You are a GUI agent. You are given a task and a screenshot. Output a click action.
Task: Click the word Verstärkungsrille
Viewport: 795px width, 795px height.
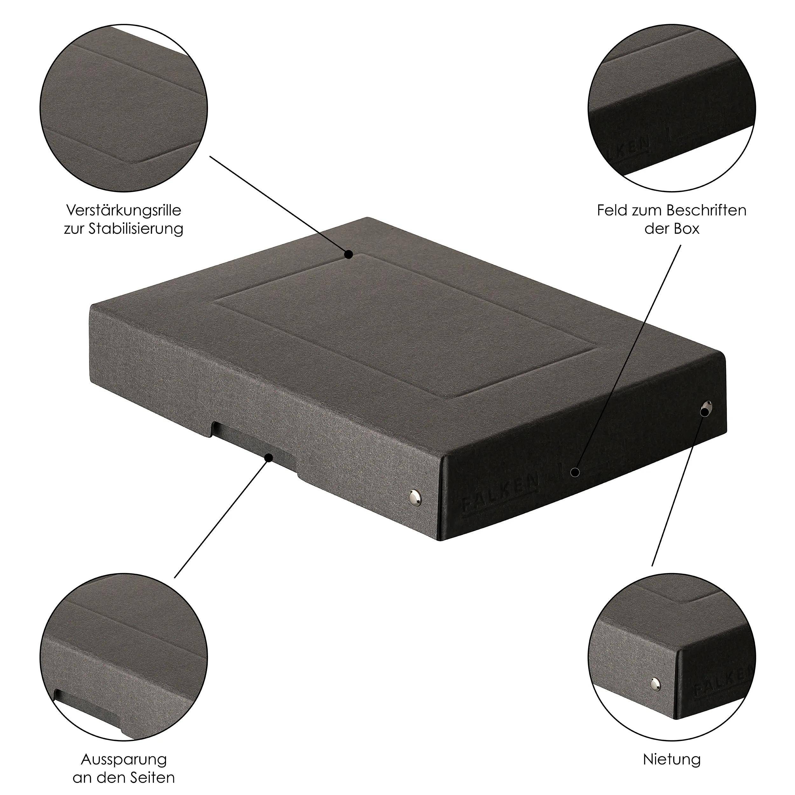(123, 211)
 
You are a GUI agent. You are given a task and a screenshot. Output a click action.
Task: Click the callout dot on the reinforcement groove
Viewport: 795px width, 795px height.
(349, 255)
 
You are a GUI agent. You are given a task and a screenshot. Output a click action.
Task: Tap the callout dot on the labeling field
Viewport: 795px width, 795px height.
(575, 473)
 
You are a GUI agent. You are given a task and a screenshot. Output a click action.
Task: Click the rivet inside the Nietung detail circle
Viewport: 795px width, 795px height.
(655, 683)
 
